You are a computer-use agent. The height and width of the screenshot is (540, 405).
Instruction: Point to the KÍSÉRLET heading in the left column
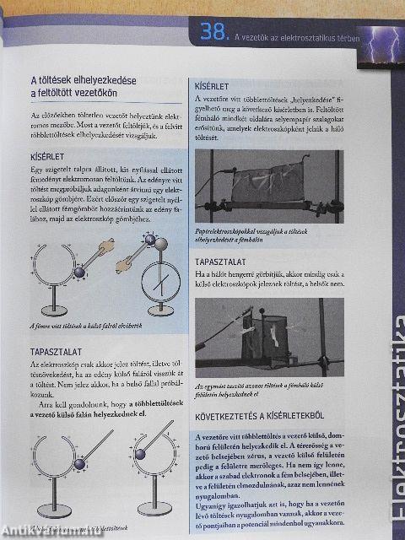point(49,156)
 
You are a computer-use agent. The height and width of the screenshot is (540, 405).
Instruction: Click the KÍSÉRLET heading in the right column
point(212,87)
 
